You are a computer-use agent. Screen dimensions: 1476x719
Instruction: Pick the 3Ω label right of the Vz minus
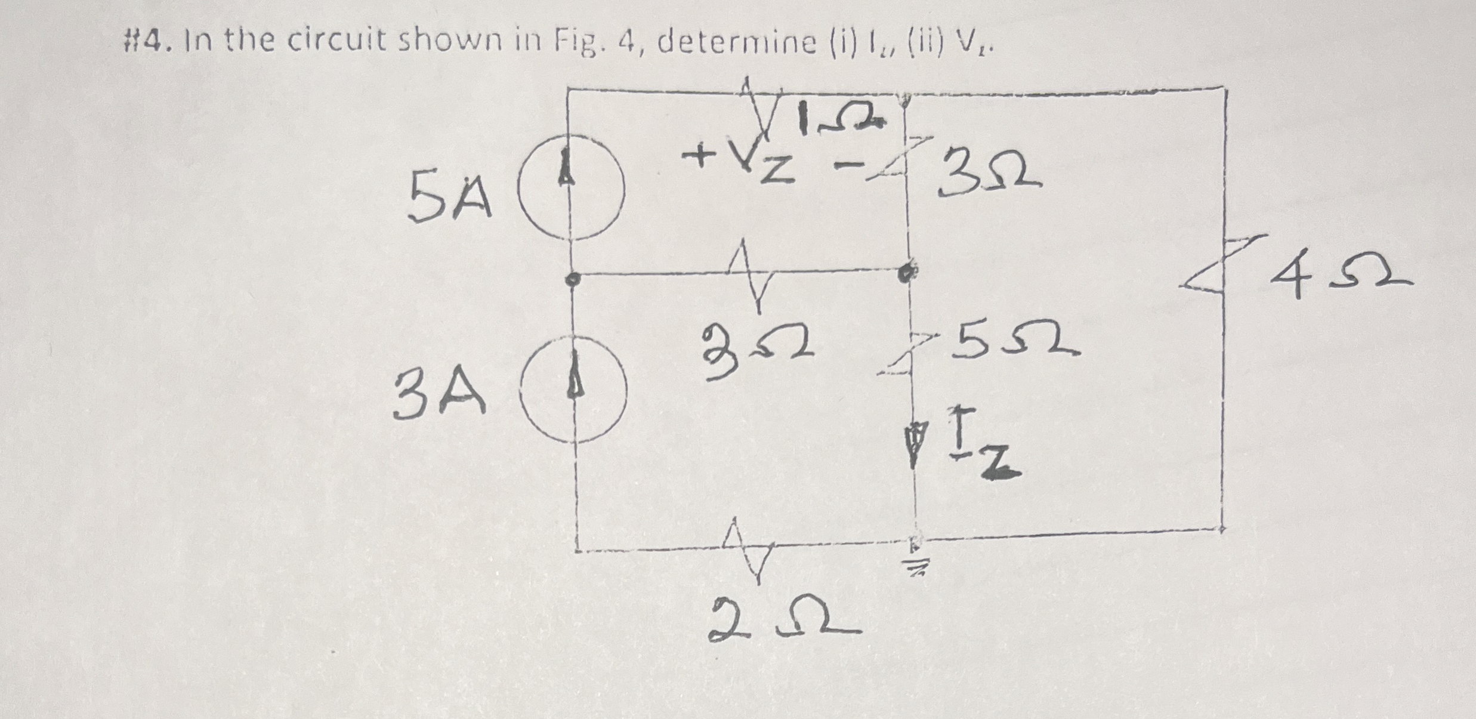point(990,174)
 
